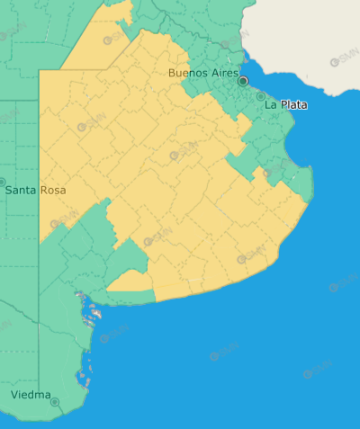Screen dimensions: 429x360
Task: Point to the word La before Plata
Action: coord(271,105)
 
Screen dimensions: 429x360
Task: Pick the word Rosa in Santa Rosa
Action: coord(52,191)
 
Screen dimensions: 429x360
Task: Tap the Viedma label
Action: coord(30,395)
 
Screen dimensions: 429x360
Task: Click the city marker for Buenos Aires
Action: coord(242,81)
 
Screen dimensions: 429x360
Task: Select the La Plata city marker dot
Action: coord(261,95)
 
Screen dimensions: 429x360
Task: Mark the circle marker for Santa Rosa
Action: coord(2,182)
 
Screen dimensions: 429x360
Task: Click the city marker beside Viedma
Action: coord(55,402)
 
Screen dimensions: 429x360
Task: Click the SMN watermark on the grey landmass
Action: coord(345,59)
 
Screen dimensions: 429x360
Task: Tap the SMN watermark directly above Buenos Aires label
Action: coord(235,40)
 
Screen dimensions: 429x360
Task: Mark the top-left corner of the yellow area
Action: coord(40,71)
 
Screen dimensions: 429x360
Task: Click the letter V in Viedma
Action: coord(14,395)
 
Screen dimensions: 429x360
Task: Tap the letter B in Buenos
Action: coord(172,73)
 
